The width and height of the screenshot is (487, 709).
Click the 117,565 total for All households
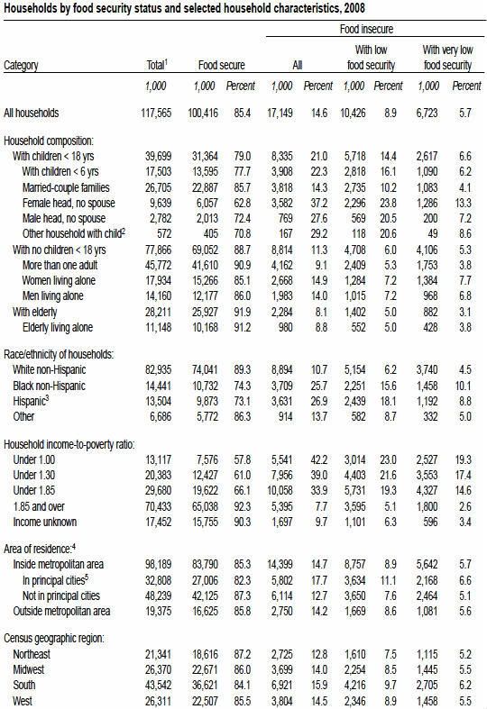[x=156, y=113]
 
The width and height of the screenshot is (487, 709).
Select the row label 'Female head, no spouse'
[x=69, y=204]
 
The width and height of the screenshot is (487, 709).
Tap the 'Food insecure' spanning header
[x=367, y=30]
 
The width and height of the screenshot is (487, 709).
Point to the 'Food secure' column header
[x=221, y=65]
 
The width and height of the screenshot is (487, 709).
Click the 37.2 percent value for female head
[x=319, y=204]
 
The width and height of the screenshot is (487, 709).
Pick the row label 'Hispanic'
[x=30, y=401]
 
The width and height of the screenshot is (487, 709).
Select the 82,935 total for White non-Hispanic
[x=159, y=370]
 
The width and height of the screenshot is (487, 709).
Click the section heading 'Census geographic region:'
[x=54, y=639]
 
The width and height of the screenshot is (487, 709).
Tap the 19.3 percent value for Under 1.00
[x=463, y=459]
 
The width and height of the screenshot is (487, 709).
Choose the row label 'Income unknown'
[x=45, y=522]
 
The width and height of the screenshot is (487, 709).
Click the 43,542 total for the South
[x=159, y=685]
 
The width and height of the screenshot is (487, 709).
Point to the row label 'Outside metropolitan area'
[x=61, y=612]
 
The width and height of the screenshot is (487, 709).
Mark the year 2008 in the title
[x=354, y=8]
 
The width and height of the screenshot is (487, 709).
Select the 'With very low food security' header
[x=447, y=58]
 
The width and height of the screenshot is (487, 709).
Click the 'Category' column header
[x=21, y=66]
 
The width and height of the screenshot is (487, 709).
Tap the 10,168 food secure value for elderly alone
[x=205, y=327]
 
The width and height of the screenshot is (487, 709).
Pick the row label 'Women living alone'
[x=59, y=281]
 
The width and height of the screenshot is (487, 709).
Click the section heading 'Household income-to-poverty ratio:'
[x=69, y=445]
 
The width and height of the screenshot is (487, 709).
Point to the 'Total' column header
[x=157, y=65]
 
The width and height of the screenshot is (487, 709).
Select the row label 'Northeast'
[x=32, y=654]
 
